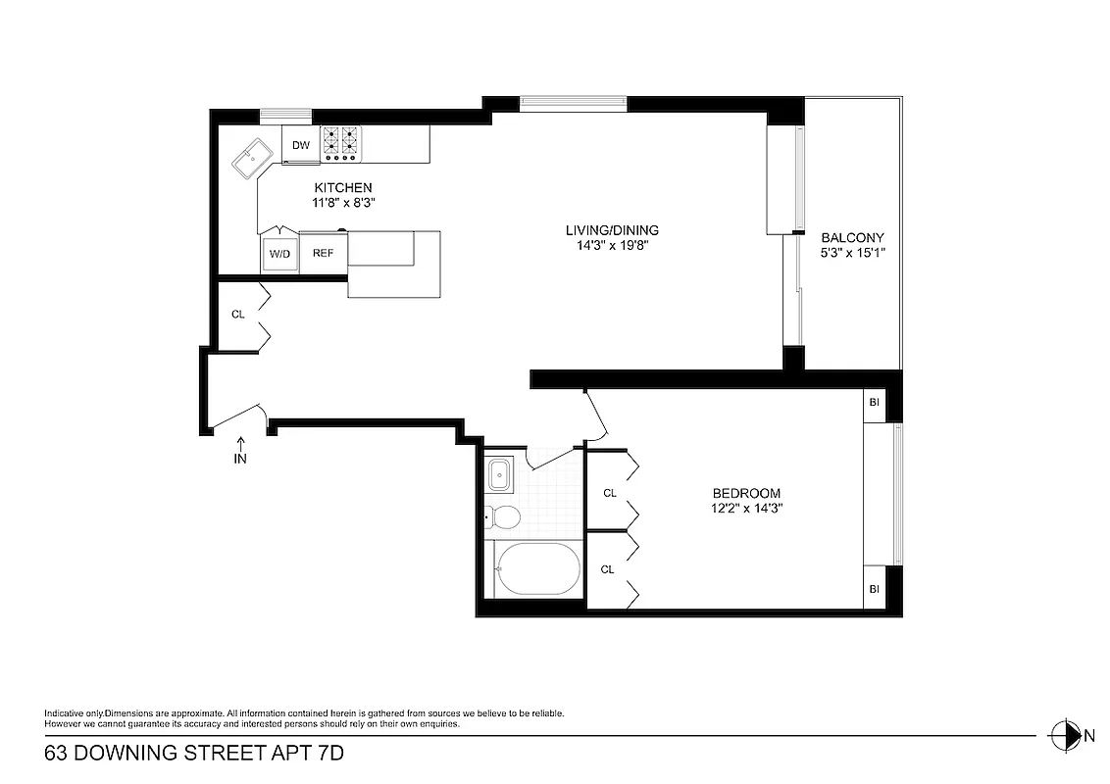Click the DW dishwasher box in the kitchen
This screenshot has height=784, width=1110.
[x=300, y=145]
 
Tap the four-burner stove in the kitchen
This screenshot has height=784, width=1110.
[x=342, y=144]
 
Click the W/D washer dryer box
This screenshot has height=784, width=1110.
[x=279, y=254]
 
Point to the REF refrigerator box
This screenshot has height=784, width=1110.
[x=323, y=253]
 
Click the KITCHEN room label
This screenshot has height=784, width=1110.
[x=342, y=187]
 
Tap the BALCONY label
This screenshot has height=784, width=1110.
[x=852, y=237]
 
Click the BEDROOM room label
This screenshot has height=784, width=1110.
[x=745, y=493]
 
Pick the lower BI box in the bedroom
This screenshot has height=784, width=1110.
[x=875, y=588]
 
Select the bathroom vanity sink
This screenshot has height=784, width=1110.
[x=499, y=473]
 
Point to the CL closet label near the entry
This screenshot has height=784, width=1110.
[x=237, y=315]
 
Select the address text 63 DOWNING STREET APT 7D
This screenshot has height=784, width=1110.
[x=194, y=754]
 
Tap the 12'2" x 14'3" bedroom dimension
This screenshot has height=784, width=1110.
[x=745, y=508]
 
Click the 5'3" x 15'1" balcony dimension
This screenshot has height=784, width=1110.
[x=852, y=253]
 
